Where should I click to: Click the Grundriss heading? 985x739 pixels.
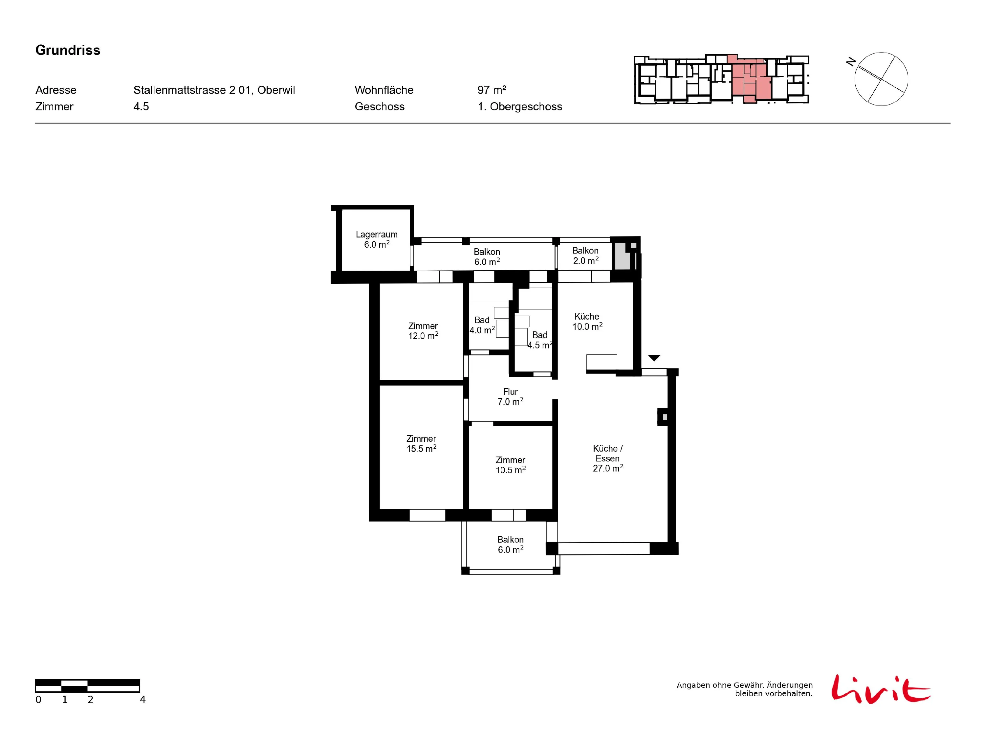[x=68, y=50]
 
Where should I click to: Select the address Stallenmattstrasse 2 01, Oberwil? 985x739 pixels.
[x=214, y=90]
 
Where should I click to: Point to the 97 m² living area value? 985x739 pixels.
[x=492, y=90]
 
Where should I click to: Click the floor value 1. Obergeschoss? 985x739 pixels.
[x=520, y=106]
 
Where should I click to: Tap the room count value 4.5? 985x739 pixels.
[x=141, y=106]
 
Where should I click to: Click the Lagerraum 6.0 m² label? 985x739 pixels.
[x=377, y=239]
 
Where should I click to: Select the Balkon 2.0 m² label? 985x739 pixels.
[x=585, y=256]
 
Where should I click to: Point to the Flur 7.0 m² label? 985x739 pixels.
[x=510, y=396]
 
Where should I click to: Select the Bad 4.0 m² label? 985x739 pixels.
[x=482, y=325]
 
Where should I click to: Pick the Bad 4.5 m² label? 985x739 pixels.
[x=540, y=340]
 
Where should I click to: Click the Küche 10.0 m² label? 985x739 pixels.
[x=587, y=321]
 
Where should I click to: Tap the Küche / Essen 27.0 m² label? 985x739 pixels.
[x=608, y=458]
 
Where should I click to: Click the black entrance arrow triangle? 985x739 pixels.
[x=654, y=358]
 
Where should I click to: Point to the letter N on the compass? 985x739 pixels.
[x=851, y=62]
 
